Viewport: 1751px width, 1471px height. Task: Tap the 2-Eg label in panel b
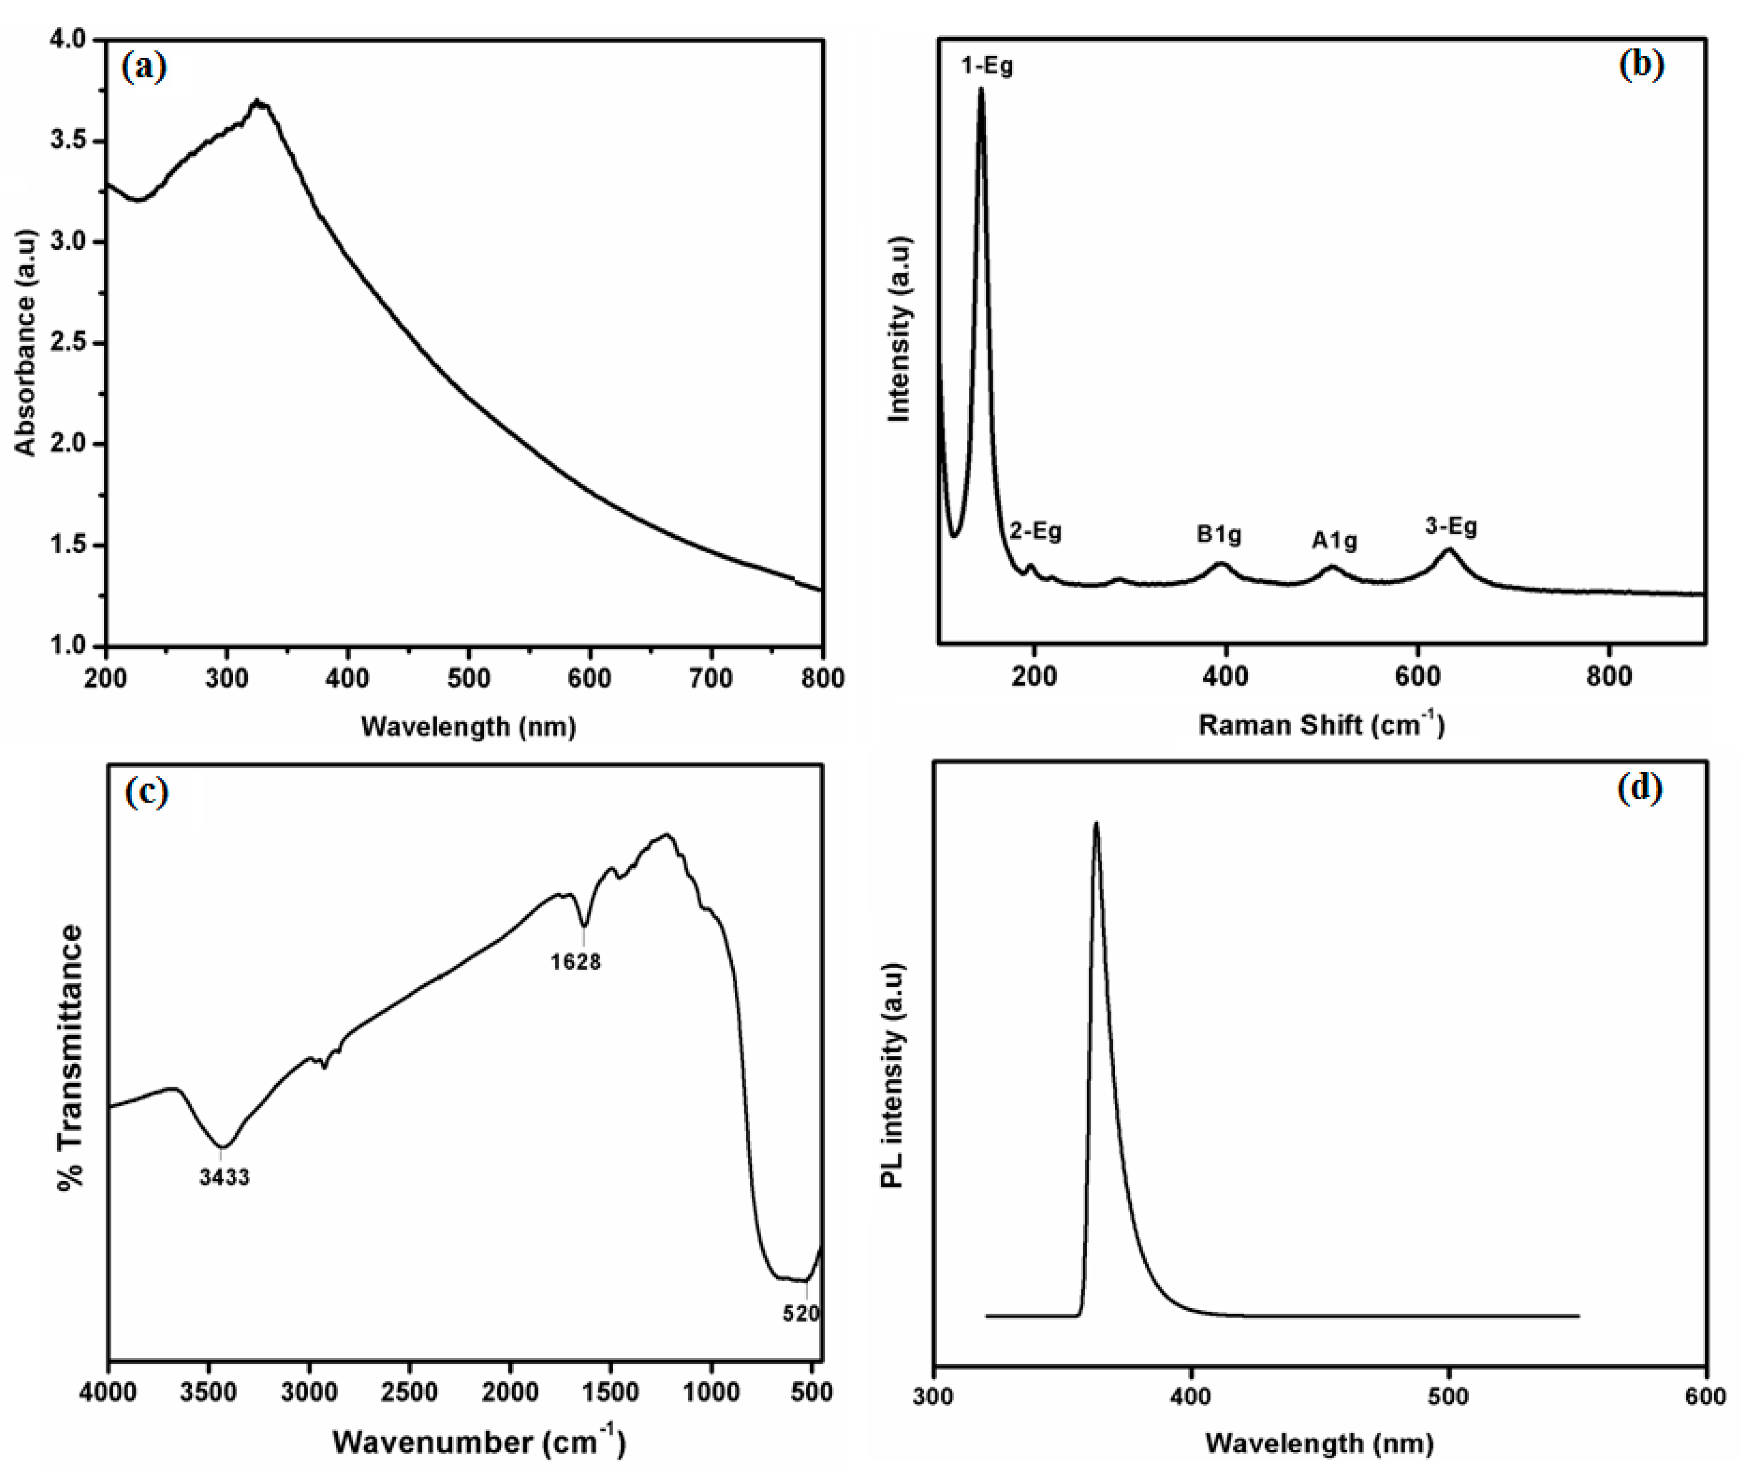pyautogui.click(x=1035, y=531)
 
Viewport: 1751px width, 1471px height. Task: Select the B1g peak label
pyautogui.click(x=1219, y=534)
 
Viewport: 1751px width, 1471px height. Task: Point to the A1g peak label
pyautogui.click(x=1334, y=541)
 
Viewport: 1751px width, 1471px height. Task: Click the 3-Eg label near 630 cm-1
pyautogui.click(x=1451, y=526)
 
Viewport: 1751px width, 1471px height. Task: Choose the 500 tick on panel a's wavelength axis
pyautogui.click(x=469, y=678)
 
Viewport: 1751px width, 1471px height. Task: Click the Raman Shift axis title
pyautogui.click(x=1321, y=725)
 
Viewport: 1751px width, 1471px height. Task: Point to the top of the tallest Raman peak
pyautogui.click(x=981, y=88)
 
